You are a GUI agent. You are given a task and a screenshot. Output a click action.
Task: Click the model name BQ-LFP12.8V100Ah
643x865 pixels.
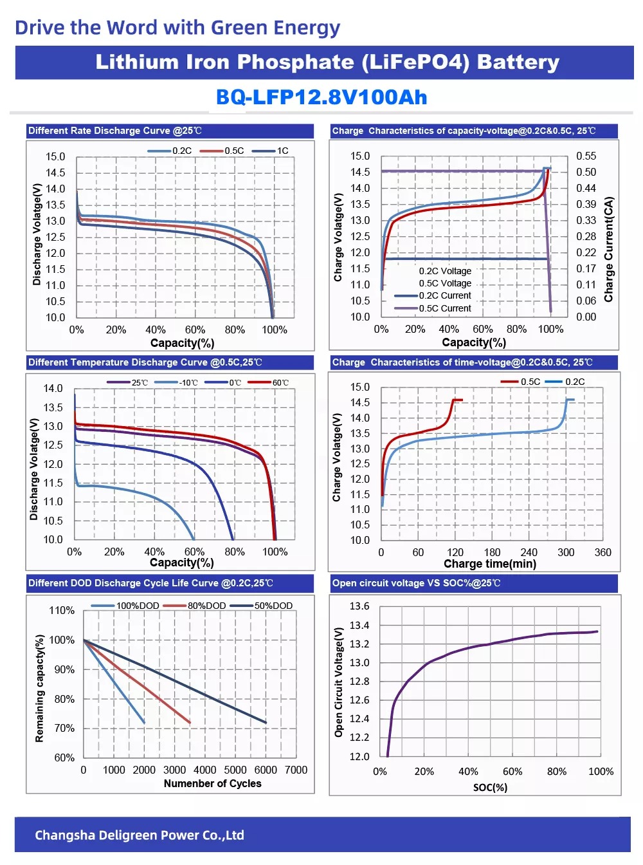[321, 97]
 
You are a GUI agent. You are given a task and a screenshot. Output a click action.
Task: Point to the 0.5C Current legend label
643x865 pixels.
[445, 308]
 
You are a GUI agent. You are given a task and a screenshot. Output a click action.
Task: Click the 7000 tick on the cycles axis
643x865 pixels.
[296, 770]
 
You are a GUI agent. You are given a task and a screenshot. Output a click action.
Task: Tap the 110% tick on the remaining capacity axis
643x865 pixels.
[62, 610]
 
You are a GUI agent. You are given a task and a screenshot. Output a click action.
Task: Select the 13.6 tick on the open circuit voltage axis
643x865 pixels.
[359, 606]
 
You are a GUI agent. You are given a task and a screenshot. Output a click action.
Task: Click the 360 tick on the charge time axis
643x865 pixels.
[602, 552]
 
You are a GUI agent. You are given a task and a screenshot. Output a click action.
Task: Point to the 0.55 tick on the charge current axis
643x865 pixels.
[586, 156]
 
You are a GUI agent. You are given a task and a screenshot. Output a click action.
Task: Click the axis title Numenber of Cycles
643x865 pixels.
[212, 783]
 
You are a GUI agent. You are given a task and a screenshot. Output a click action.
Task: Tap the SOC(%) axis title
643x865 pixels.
[490, 787]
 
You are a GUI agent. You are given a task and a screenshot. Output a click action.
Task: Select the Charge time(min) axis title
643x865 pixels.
[489, 564]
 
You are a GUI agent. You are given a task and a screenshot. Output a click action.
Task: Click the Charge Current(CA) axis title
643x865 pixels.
[608, 249]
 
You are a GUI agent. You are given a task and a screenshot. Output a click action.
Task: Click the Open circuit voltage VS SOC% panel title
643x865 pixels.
[416, 583]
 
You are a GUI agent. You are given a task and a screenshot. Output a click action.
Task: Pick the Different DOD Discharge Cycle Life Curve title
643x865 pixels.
[150, 583]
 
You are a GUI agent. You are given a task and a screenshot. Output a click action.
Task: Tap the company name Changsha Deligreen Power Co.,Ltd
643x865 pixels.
[140, 835]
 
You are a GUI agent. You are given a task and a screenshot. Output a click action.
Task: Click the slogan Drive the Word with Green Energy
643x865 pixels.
[177, 28]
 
